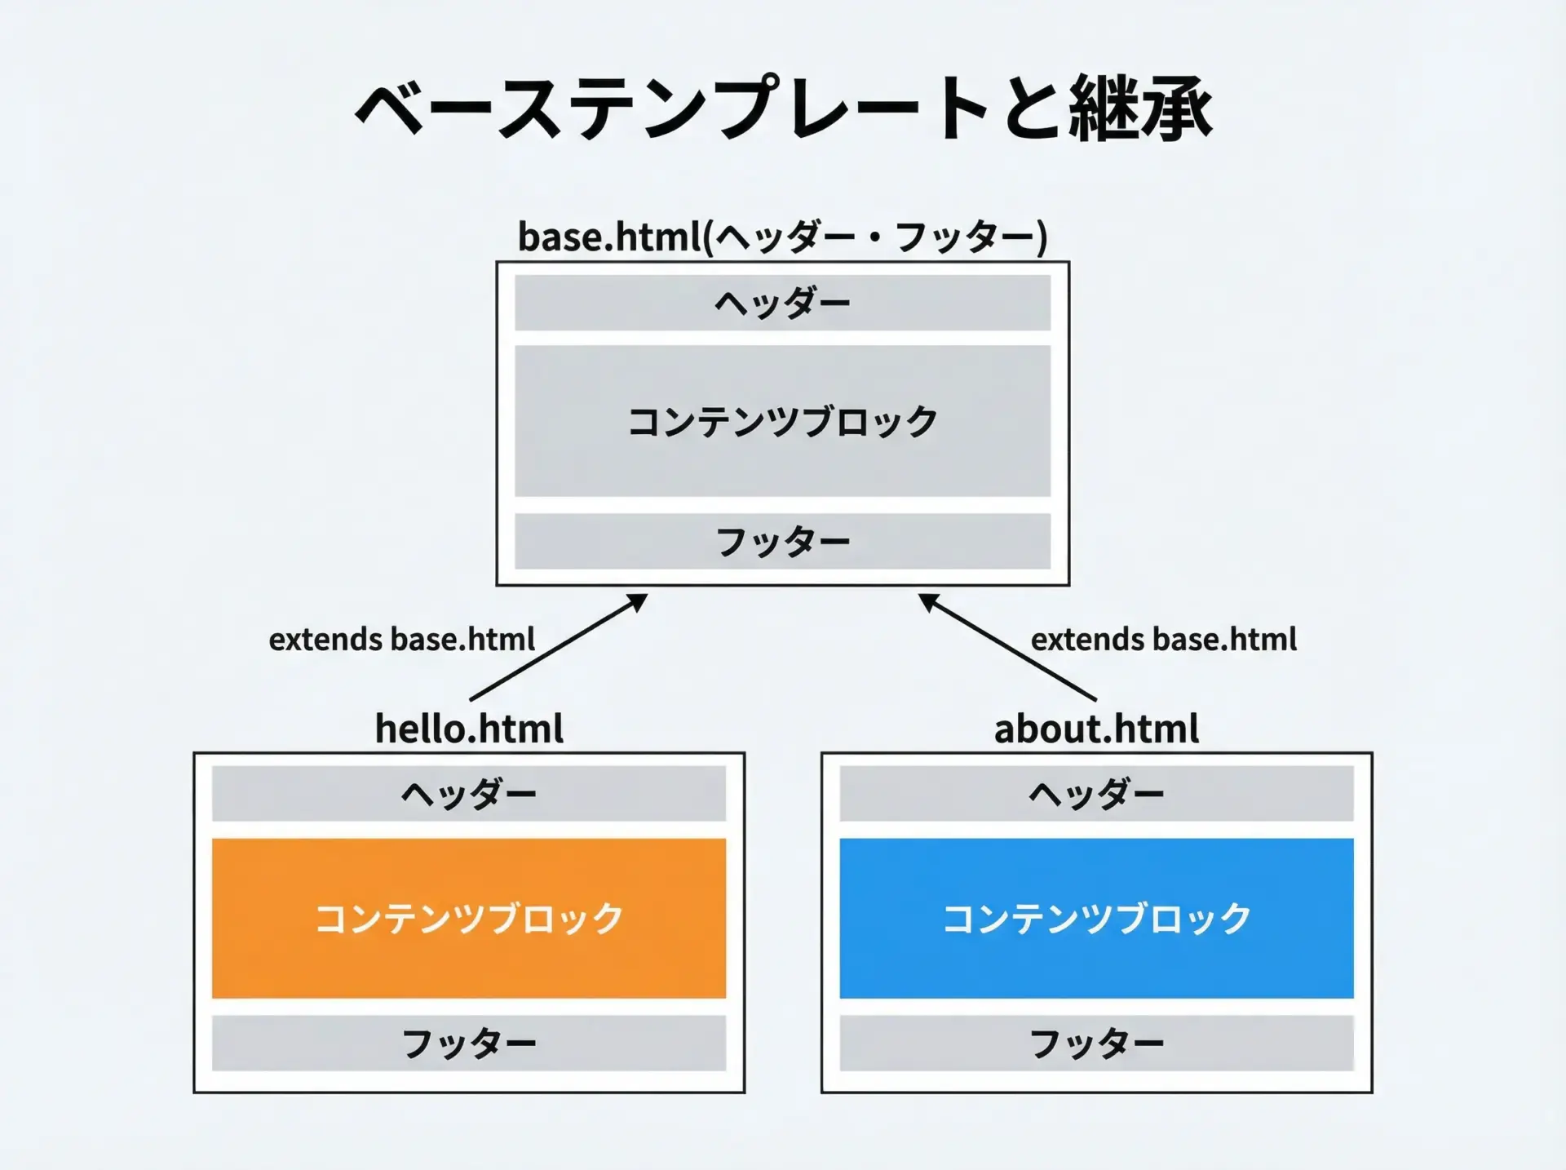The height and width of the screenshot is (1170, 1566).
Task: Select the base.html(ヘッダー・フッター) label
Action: tap(783, 237)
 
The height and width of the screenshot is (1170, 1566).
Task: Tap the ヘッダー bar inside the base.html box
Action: tap(783, 303)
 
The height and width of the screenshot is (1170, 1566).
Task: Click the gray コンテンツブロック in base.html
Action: tap(783, 421)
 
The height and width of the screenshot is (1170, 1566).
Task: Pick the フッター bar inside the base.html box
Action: tap(783, 541)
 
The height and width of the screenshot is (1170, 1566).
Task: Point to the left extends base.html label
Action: tap(402, 639)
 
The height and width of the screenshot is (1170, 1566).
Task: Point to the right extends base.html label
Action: tap(1164, 639)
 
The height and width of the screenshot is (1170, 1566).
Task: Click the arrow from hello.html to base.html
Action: tap(559, 647)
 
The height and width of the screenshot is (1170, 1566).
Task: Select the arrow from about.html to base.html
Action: tap(1007, 647)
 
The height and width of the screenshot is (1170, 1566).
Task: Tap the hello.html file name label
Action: tap(469, 729)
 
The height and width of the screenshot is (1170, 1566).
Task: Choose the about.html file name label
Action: tap(1096, 729)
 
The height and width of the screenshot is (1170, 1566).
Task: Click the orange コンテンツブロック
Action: tap(469, 918)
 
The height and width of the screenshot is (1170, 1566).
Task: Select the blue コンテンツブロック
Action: tap(1097, 918)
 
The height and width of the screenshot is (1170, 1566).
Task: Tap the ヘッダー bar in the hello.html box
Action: tap(469, 793)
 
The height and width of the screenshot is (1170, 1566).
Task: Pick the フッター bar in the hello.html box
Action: tap(469, 1043)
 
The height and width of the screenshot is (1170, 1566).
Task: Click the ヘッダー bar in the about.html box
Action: tap(1097, 793)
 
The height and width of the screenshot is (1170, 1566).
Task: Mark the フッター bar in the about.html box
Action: tap(1097, 1043)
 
